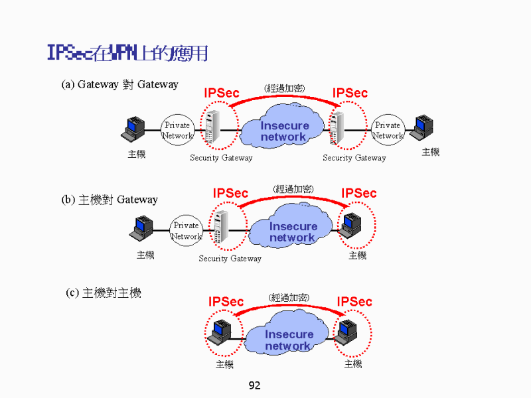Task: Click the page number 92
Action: point(254,385)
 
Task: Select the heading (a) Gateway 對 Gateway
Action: point(120,84)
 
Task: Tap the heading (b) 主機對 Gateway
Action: point(110,200)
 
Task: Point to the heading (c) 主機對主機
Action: point(104,293)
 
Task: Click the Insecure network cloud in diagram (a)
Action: point(284,131)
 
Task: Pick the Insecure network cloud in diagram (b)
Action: point(292,231)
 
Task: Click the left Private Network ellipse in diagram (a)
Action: point(177,130)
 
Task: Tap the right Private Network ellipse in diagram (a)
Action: point(388,130)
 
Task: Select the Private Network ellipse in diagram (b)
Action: point(186,231)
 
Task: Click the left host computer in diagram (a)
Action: point(134,129)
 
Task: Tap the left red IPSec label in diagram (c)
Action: point(226,302)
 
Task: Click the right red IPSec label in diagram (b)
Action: point(358,193)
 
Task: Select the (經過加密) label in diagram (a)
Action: point(285,88)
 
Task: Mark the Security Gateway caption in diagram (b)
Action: point(230,259)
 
